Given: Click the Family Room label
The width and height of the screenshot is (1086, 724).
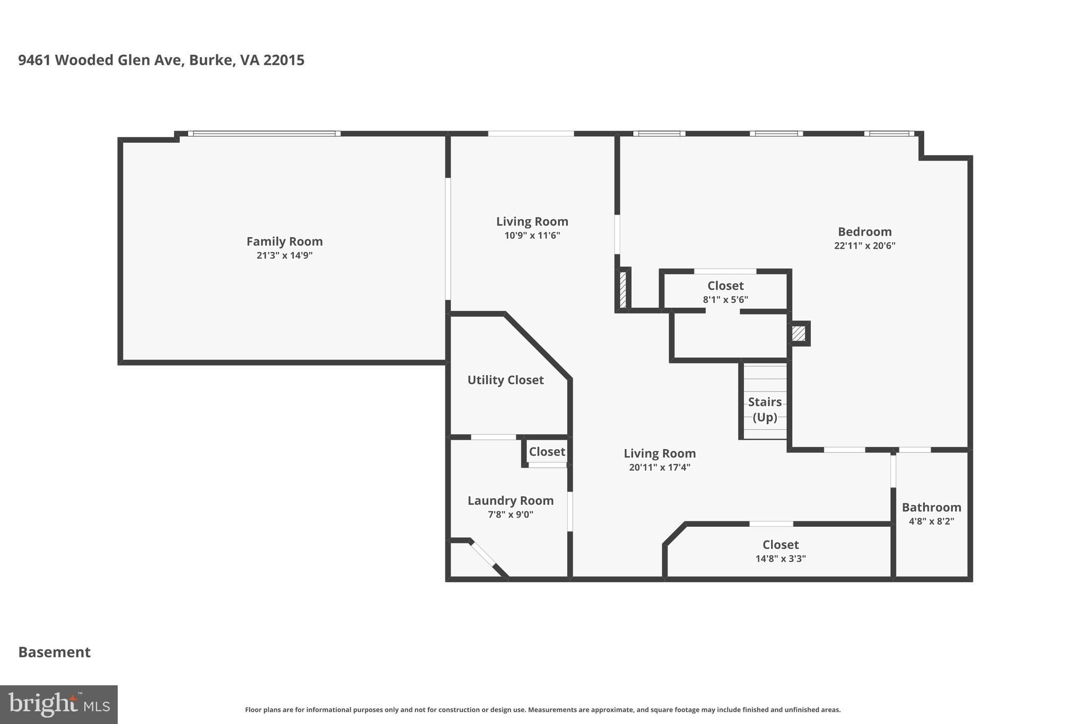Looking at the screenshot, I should coord(284,241).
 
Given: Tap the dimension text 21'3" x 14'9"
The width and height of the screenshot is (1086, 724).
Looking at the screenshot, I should coord(284,256).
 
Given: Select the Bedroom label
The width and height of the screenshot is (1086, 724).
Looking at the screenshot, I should coord(864,232).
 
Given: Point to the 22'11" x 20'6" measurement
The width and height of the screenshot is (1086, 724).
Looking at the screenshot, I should coord(864,246).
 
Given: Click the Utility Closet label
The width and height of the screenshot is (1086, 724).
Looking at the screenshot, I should coord(505,380).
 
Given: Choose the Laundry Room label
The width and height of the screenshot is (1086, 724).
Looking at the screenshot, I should coord(510,501).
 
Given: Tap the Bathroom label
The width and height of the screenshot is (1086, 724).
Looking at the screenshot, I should coord(931,508).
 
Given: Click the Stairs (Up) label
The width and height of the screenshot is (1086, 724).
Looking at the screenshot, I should coord(765,409).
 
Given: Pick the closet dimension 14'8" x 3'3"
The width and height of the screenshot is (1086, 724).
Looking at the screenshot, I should coord(780,559).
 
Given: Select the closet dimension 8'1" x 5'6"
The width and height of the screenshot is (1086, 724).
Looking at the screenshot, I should coord(725,300).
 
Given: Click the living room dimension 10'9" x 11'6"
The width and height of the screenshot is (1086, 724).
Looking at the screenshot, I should coord(532,235).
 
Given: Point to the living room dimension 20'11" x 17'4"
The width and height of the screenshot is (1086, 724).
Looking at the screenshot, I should coord(659,467).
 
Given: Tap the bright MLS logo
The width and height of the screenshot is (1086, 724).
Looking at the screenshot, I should coord(59,704).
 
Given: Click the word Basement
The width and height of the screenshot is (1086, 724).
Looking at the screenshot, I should coord(55,652).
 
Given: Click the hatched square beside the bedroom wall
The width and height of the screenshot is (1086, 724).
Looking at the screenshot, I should coord(798,334).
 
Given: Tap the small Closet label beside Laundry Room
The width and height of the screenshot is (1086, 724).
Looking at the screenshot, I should coord(547,452).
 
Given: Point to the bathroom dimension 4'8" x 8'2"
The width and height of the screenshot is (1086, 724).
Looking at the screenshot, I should coord(931,521).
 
